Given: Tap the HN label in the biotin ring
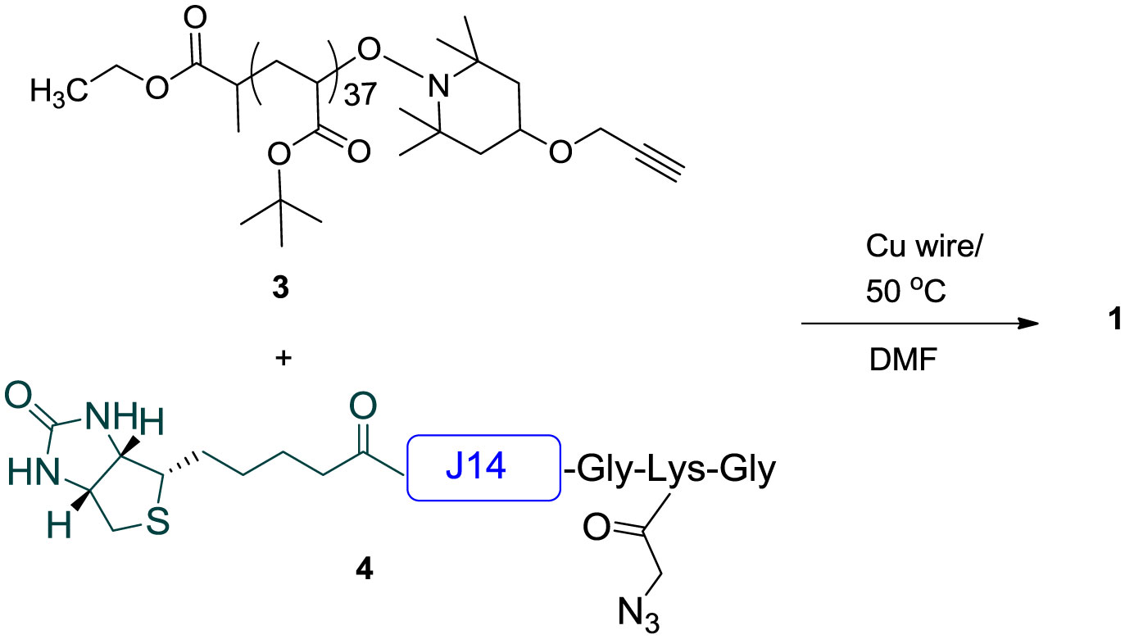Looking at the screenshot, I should point(27,473).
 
